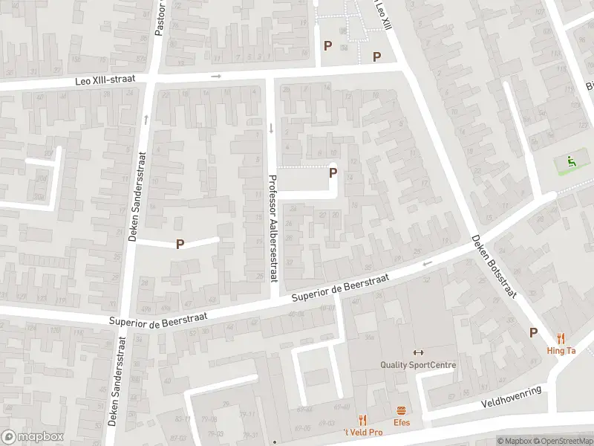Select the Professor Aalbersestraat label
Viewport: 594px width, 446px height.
[272, 227]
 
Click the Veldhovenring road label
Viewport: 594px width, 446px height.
[512, 397]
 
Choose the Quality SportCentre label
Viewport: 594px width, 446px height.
[418, 365]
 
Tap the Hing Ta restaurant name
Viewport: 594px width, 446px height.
[561, 351]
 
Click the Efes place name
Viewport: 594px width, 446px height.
[402, 422]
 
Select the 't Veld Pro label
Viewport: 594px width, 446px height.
[362, 432]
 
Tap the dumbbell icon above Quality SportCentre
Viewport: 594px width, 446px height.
[418, 352]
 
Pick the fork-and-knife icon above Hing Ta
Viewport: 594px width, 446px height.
[561, 338]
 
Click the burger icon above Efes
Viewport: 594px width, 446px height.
[402, 410]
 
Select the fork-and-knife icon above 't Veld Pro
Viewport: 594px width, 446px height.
[362, 420]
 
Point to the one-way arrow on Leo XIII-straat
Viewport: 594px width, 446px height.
[216, 76]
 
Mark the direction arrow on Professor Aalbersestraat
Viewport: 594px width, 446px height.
[271, 128]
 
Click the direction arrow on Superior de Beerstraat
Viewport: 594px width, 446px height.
[427, 263]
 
